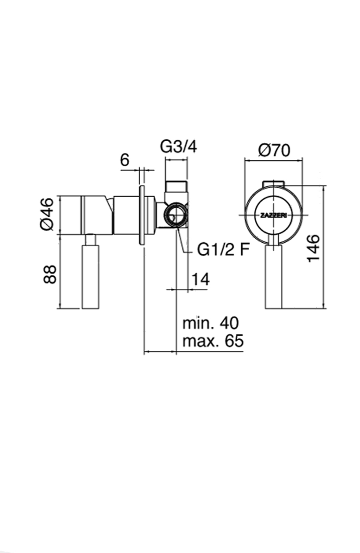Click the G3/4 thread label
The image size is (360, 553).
(x=178, y=147)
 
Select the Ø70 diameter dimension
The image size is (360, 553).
(x=274, y=150)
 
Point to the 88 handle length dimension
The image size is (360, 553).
(x=50, y=274)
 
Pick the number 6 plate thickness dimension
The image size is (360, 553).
(x=125, y=160)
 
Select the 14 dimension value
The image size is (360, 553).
(x=200, y=279)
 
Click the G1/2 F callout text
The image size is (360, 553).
(x=223, y=250)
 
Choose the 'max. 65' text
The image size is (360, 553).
(x=213, y=341)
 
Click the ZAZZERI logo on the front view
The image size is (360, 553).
(x=274, y=215)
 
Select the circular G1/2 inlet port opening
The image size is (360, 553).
(x=175, y=215)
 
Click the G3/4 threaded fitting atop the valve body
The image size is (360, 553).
(x=176, y=186)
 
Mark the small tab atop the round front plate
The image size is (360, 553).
(x=274, y=183)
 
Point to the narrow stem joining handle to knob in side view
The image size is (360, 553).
(x=90, y=239)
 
